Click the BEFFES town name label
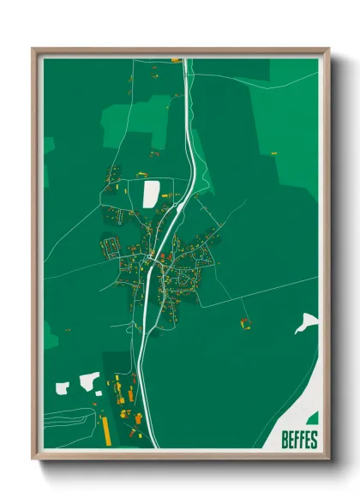[298, 441]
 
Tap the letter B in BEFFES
[285, 441]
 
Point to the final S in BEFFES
[314, 441]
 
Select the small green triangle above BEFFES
[313, 418]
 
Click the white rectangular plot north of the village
[151, 193]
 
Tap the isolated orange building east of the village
[245, 323]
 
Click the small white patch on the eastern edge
[305, 323]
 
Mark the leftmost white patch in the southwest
[59, 388]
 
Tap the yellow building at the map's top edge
[176, 61]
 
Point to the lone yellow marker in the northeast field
[274, 151]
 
